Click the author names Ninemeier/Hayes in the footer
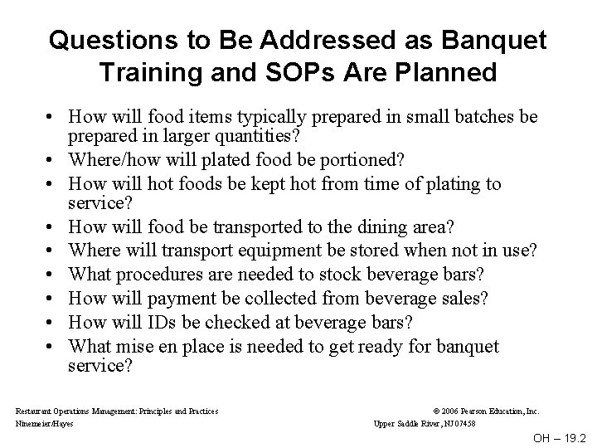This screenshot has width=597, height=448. click(x=45, y=422)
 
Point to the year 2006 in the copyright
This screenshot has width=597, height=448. click(x=450, y=411)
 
